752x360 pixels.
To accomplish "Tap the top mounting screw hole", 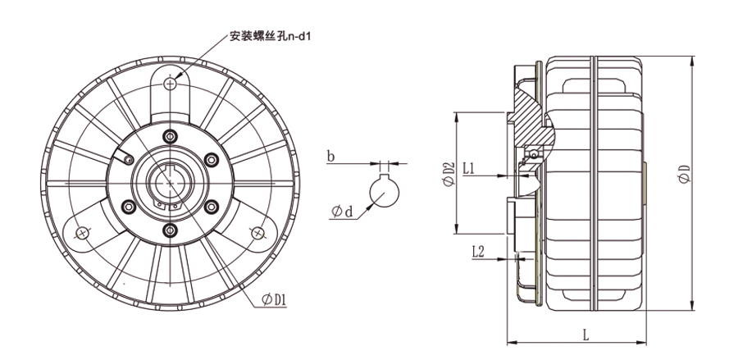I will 170,84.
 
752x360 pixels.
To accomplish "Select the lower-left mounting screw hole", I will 81,232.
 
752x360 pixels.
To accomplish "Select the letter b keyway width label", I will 330,156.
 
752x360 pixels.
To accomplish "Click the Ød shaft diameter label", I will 342,212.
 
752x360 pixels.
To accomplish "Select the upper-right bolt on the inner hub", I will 209,158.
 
